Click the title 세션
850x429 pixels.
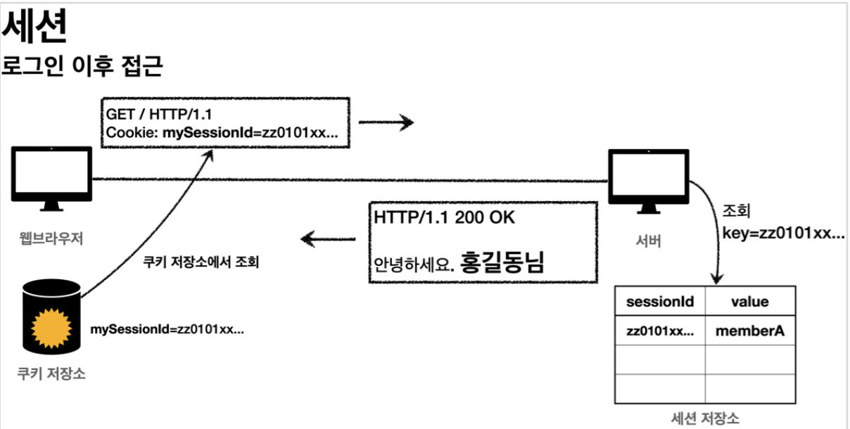[x=35, y=28]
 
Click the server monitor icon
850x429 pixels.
[x=648, y=179]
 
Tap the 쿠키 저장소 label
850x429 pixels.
[x=51, y=373]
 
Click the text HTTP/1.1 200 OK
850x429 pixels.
[x=445, y=217]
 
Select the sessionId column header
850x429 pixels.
[x=660, y=302]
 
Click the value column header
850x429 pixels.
[x=749, y=302]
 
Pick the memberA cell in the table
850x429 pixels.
[x=749, y=331]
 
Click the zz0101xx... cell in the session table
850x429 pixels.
[x=660, y=331]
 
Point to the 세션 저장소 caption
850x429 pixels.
[x=705, y=418]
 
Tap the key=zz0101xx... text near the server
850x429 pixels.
[x=783, y=233]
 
